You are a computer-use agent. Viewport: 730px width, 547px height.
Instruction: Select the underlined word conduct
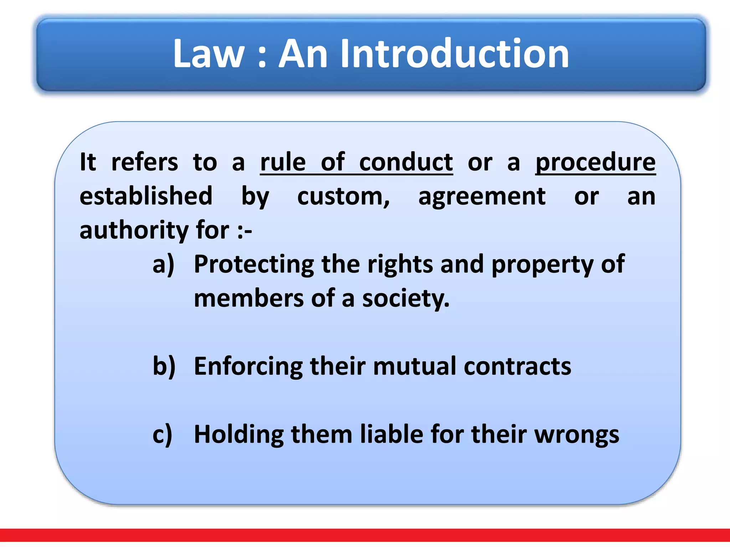(x=406, y=162)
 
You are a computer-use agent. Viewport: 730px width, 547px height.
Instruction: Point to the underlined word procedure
(x=595, y=163)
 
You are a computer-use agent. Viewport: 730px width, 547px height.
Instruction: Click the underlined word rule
(x=283, y=162)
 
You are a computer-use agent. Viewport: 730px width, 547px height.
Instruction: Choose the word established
(x=146, y=196)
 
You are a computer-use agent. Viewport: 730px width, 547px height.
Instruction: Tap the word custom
(x=343, y=197)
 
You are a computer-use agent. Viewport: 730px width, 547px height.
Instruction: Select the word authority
(x=134, y=231)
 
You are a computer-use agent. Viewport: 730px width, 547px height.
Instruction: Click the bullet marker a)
(x=163, y=265)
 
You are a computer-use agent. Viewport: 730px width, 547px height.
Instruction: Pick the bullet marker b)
(x=164, y=366)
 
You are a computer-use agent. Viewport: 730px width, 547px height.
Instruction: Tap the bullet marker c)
(x=163, y=434)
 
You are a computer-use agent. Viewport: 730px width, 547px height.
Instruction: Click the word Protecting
(x=253, y=265)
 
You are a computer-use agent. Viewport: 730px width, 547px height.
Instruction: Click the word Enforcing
(x=248, y=366)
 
